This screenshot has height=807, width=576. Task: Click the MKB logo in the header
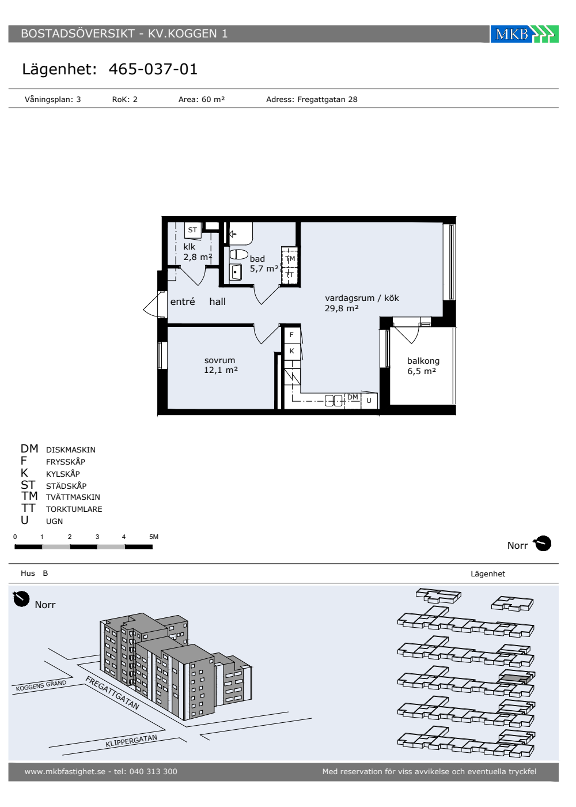[524, 34]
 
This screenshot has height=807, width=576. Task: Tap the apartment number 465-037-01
[153, 69]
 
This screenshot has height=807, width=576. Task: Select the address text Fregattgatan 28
[327, 99]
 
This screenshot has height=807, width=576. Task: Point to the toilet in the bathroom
[238, 254]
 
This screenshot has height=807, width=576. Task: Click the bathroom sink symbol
[236, 272]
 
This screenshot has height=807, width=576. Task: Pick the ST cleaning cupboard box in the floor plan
[192, 230]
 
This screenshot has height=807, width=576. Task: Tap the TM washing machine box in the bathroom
[290, 258]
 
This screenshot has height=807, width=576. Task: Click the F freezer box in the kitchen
[291, 335]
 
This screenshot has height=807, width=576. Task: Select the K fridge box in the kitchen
[291, 351]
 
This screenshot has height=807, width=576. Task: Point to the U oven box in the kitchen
[369, 401]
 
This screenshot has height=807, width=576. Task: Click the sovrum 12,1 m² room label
[221, 365]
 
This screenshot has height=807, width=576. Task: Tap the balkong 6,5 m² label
[423, 365]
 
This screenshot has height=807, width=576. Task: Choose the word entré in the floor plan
[183, 301]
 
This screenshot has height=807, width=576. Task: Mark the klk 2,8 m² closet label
[198, 251]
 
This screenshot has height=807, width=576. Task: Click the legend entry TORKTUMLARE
[74, 509]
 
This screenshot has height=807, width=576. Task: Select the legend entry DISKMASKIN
[71, 450]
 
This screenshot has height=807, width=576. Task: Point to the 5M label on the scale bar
[154, 537]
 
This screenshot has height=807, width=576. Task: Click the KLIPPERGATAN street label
[131, 741]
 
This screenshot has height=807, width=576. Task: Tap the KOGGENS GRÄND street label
[41, 685]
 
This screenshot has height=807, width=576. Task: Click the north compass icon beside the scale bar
[543, 544]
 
